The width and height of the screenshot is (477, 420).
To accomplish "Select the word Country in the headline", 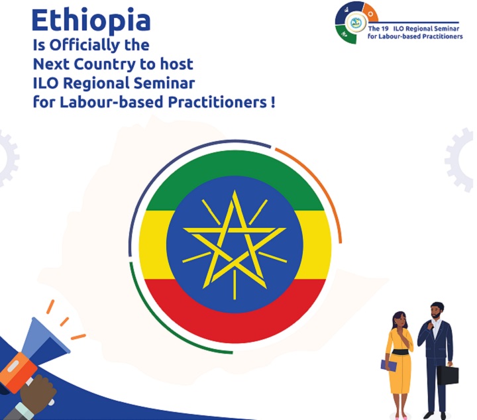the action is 105,64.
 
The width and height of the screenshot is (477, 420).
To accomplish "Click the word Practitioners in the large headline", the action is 217,102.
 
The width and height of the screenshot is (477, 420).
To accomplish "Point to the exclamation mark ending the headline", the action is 272,102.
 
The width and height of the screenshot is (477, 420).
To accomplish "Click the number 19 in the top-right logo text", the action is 384,28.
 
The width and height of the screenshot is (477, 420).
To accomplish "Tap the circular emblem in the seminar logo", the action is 354,23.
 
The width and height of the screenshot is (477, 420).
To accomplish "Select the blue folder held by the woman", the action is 388,365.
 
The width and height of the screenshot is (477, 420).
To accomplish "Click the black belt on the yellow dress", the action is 401,352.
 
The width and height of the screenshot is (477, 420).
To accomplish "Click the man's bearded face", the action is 436,313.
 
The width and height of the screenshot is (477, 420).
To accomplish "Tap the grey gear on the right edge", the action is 460,160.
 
